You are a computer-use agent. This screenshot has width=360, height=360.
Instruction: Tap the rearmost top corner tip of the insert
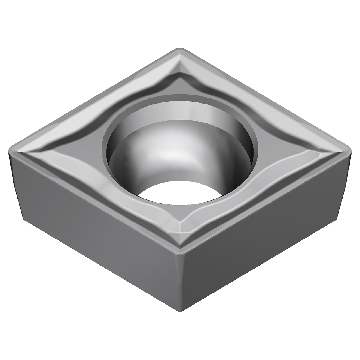(x=180, y=50)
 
